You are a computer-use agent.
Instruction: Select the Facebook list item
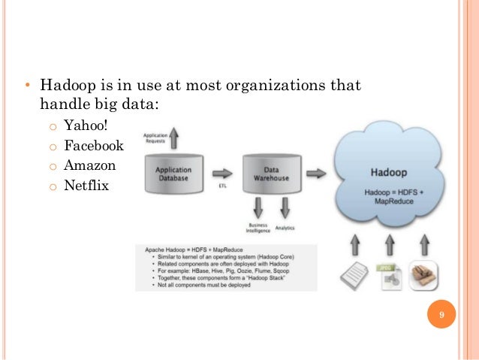point(94,144)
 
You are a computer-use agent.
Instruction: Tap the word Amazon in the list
point(90,164)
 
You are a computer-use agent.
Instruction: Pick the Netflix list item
point(86,183)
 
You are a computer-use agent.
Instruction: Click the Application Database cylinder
point(173,176)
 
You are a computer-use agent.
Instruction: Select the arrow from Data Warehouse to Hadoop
point(316,173)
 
